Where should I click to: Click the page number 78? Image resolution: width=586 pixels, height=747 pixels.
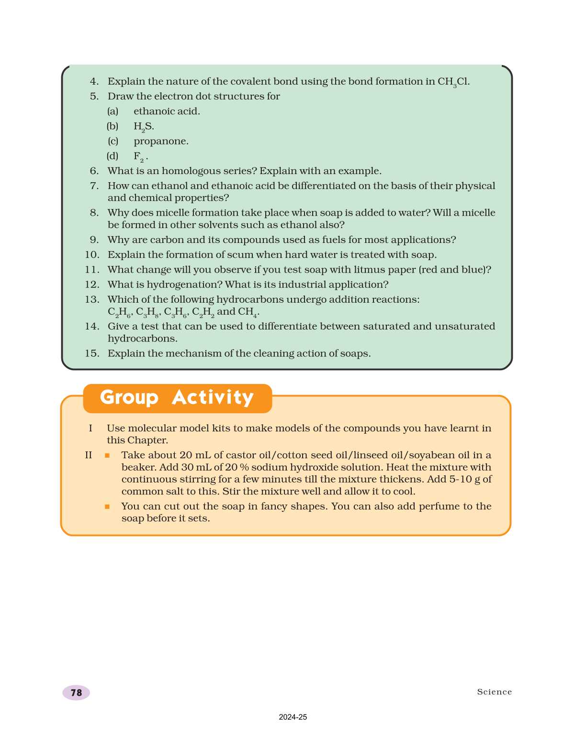76,692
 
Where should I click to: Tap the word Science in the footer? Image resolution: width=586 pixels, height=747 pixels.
494,692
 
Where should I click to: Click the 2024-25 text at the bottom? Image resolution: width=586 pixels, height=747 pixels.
293,717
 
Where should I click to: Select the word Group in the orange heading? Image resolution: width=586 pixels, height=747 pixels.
129,398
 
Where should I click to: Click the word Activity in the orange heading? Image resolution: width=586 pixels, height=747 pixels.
213,398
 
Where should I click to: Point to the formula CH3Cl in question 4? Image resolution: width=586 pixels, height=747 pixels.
453,82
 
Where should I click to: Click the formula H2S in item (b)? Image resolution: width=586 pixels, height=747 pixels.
144,127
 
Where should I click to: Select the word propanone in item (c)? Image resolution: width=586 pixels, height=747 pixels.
161,141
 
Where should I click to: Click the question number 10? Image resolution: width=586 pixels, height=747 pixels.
92,255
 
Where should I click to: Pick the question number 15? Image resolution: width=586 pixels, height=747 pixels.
92,353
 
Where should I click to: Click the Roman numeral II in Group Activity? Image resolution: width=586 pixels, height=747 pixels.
89,455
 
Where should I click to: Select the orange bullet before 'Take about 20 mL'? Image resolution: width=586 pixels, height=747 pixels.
107,455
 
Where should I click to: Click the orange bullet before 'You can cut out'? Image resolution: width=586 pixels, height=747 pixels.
107,506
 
